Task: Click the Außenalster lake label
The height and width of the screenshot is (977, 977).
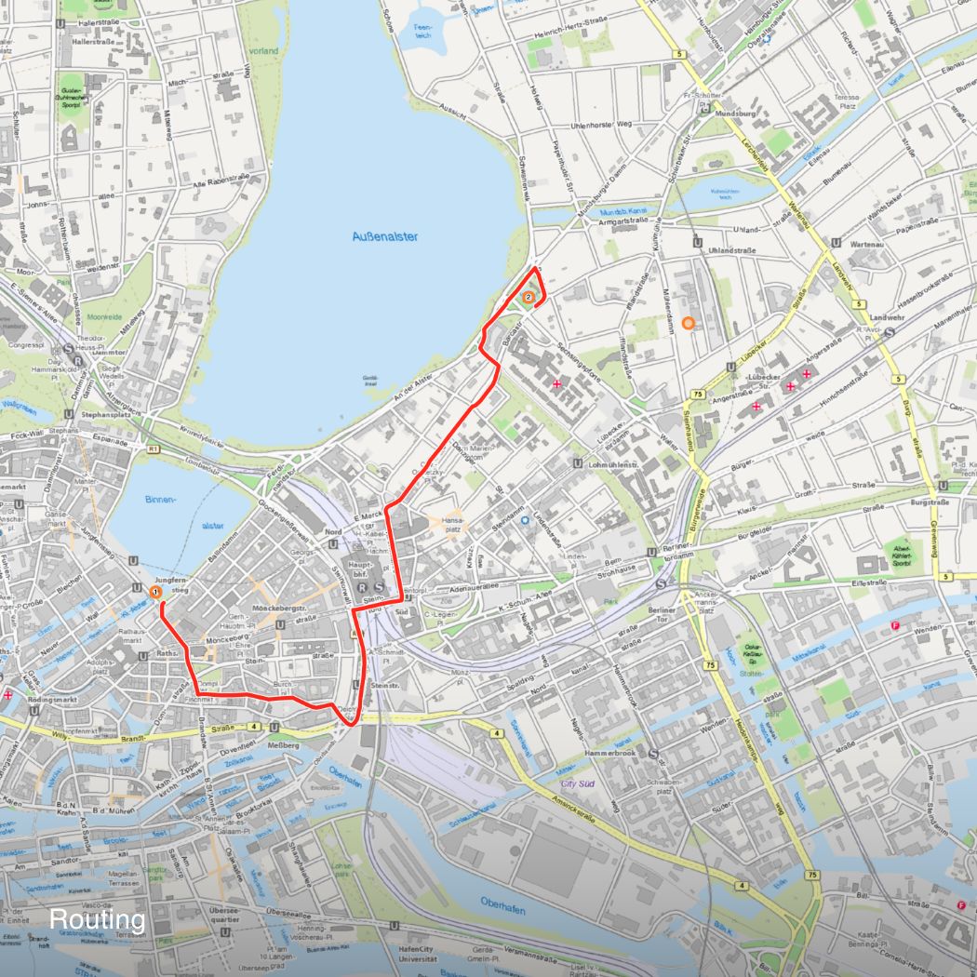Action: point(384,236)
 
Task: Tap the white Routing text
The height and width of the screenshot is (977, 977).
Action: point(97,920)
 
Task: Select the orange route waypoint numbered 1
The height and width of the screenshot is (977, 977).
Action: point(155,591)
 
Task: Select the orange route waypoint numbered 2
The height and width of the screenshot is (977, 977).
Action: point(529,298)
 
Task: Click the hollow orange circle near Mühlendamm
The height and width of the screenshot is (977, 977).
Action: point(688,323)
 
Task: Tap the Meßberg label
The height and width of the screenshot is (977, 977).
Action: point(283,745)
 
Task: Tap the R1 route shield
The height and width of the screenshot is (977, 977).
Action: point(153,449)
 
